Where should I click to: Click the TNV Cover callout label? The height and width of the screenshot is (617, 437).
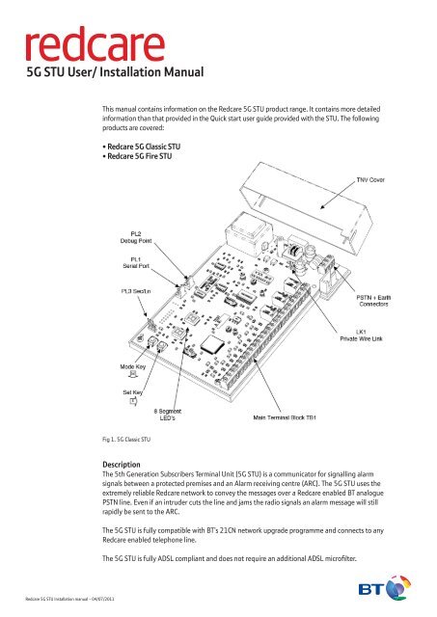397,178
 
